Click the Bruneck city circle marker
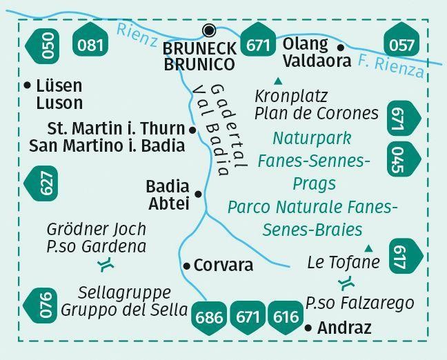click(x=209, y=30)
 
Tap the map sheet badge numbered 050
click(x=43, y=46)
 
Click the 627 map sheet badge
click(x=41, y=183)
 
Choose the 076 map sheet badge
click(x=41, y=306)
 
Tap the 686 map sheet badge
click(x=209, y=318)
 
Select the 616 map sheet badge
click(x=286, y=318)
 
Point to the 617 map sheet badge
click(x=406, y=257)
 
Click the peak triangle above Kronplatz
click(x=278, y=82)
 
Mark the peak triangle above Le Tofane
click(x=368, y=248)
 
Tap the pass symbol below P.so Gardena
click(x=106, y=265)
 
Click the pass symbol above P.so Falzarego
click(x=346, y=283)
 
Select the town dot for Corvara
click(x=186, y=266)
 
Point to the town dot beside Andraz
click(x=308, y=328)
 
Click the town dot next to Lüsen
click(x=28, y=85)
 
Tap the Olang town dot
click(x=341, y=48)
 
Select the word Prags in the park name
click(x=314, y=184)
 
